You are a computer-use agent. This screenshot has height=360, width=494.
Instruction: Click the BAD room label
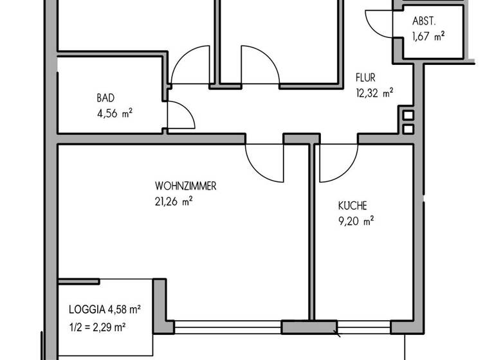105,98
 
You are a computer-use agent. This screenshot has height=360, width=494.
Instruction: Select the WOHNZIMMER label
185,186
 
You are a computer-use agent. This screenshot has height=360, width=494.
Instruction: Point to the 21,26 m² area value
174,201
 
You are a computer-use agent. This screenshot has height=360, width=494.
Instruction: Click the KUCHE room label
352,206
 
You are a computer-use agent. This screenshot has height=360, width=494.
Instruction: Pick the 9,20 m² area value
356,221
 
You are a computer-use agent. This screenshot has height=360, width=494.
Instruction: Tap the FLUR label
365,78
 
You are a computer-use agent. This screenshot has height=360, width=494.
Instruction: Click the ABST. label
424,21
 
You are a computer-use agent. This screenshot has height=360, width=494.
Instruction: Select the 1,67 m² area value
428,37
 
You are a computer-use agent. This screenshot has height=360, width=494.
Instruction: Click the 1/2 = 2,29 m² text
97,327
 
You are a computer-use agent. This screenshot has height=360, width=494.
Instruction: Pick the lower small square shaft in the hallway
408,129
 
